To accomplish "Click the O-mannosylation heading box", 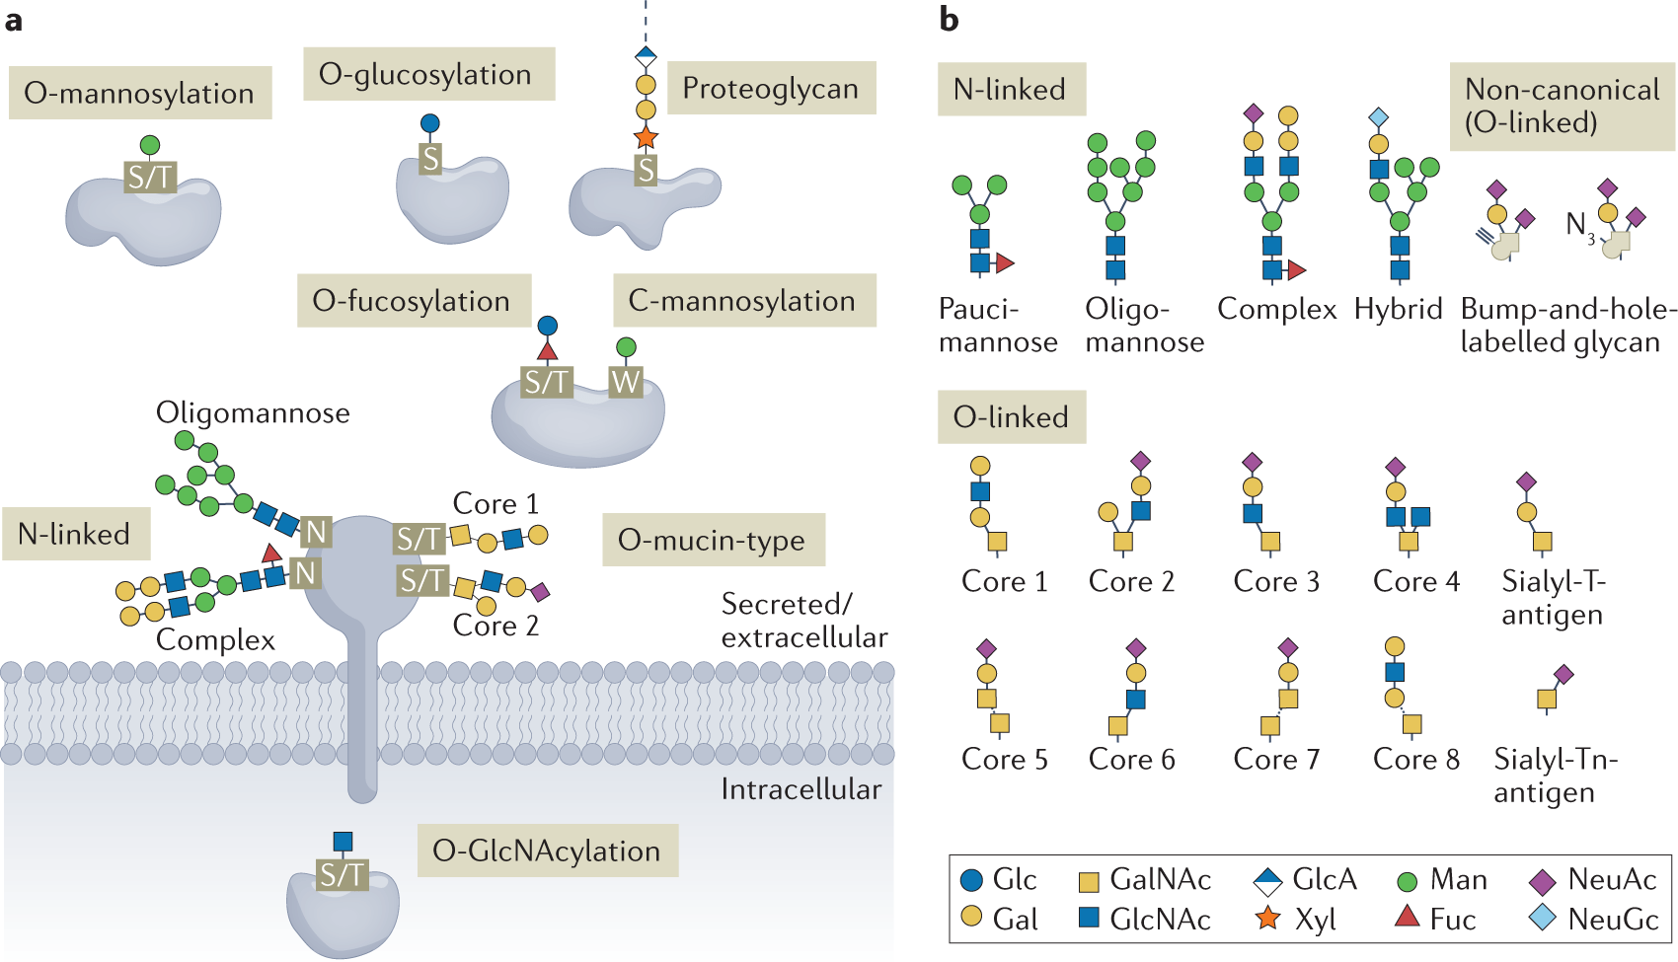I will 139,93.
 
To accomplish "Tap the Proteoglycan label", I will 770,89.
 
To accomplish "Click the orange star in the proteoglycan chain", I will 646,137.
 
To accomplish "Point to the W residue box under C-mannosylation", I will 626,382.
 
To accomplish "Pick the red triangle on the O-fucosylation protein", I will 547,350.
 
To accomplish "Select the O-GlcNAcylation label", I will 547,851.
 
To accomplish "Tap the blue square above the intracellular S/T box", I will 343,841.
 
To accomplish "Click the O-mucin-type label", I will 712,540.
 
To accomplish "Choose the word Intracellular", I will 801,789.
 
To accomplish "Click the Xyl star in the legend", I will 1267,919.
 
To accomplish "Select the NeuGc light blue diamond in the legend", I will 1542,919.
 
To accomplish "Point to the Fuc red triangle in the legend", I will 1407,918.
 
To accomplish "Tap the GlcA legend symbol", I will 1267,879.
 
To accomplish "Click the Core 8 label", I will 1415,759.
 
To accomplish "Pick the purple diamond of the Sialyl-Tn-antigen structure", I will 1564,675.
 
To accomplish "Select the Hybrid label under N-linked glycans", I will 1398,309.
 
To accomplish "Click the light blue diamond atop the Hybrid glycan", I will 1379,118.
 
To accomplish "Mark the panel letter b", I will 949,19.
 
